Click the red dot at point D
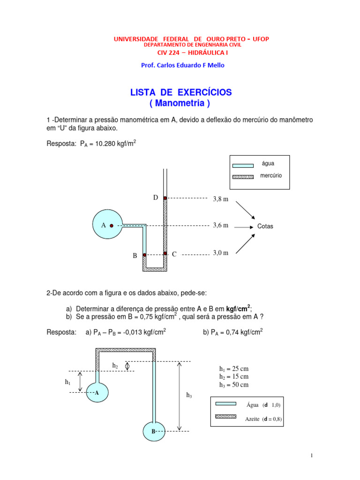pos(165,198)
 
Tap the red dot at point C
pos(165,254)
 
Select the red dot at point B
pos(144,255)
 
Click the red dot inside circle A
pos(112,225)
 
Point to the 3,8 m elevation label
pos(220,199)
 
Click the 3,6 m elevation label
pos(220,225)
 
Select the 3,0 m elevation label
pos(220,253)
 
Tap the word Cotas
pos(265,226)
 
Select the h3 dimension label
pos(189,396)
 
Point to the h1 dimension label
pos(68,382)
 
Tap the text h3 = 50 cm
pos(234,385)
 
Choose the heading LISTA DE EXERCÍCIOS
pos(180,92)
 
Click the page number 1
pos(311,456)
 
